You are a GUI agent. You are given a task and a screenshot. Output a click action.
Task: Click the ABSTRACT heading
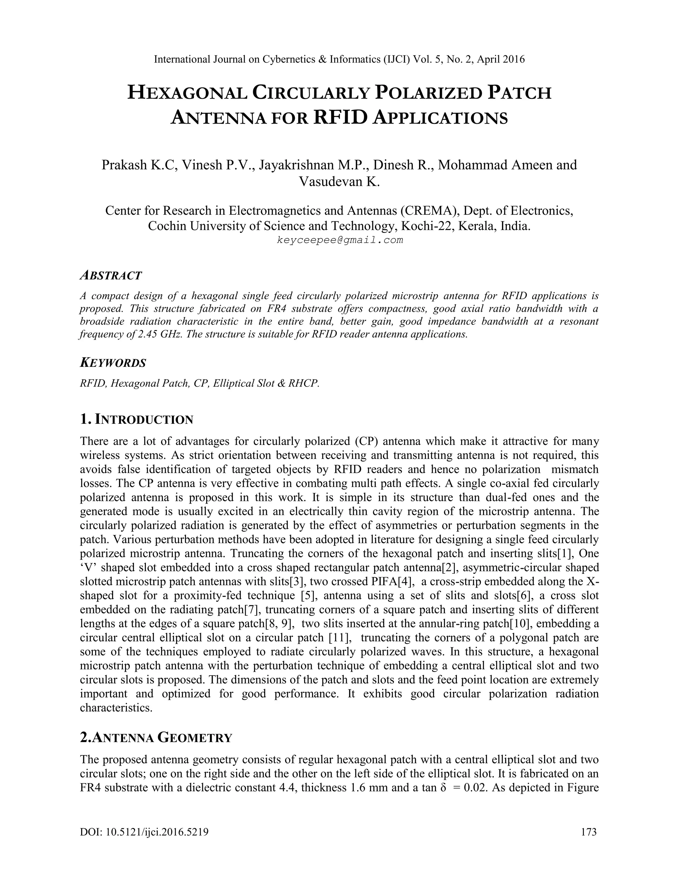[111, 275]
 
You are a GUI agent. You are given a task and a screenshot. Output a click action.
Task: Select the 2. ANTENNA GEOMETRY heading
[156, 738]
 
